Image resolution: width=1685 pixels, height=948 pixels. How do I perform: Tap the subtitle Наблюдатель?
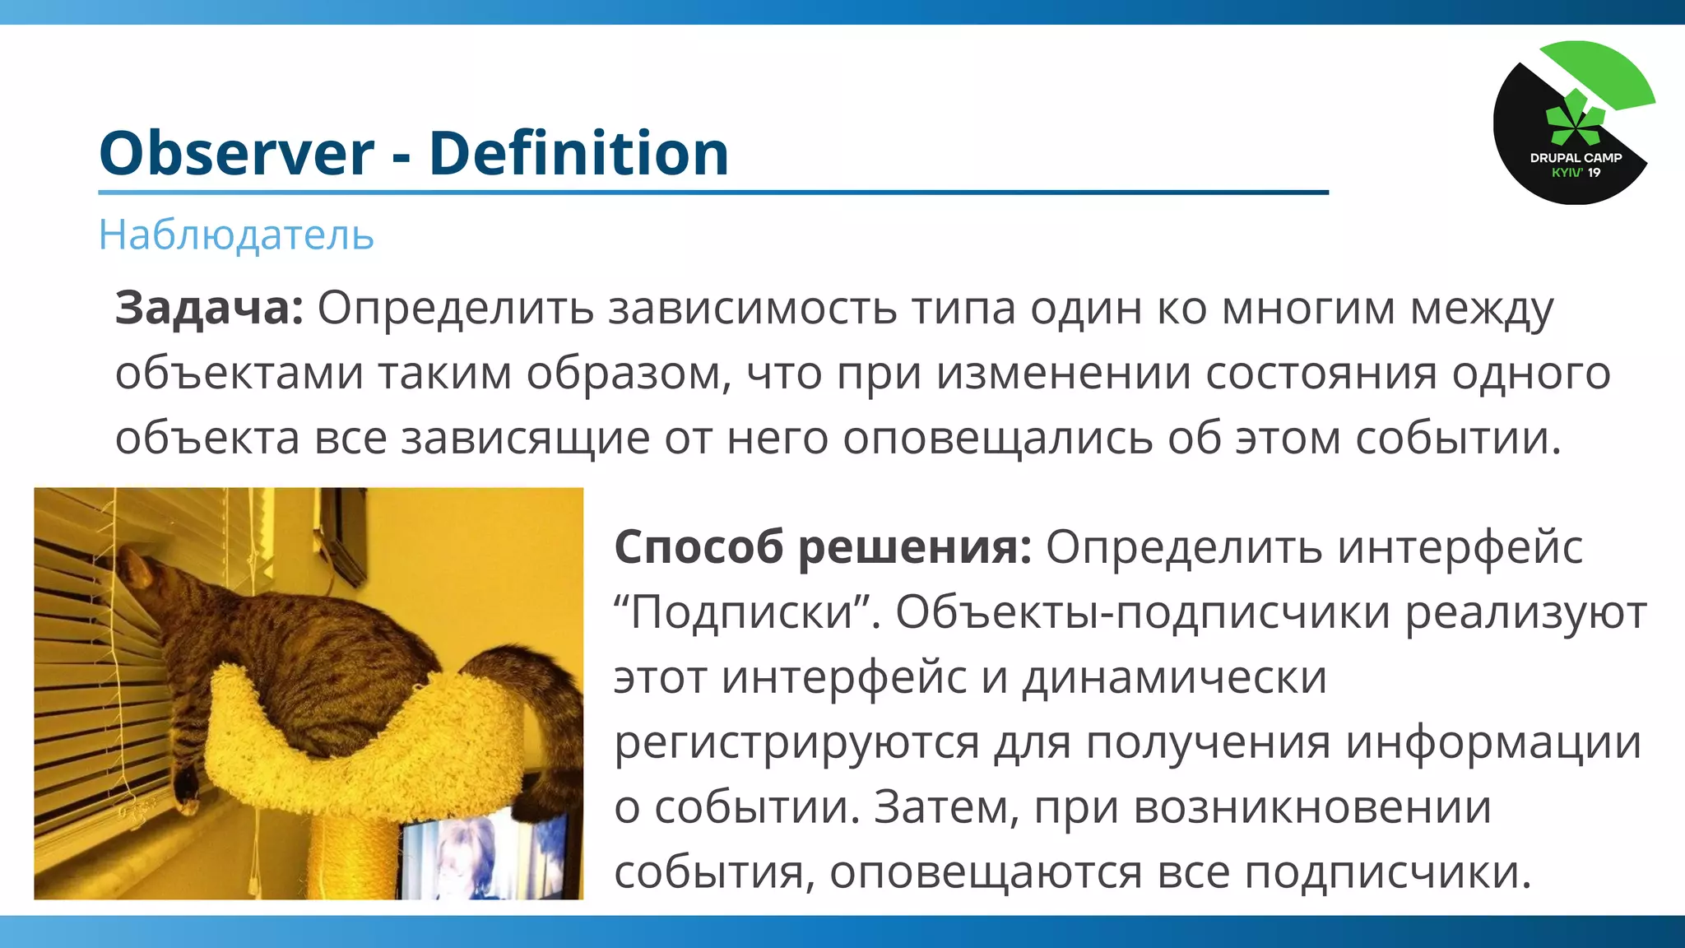tap(236, 235)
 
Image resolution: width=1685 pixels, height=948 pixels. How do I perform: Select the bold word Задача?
tap(209, 308)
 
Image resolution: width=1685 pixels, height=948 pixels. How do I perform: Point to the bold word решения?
tap(915, 546)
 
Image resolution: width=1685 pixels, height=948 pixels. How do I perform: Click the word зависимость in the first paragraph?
tap(752, 308)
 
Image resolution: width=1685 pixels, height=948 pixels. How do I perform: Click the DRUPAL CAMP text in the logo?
tap(1576, 157)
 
